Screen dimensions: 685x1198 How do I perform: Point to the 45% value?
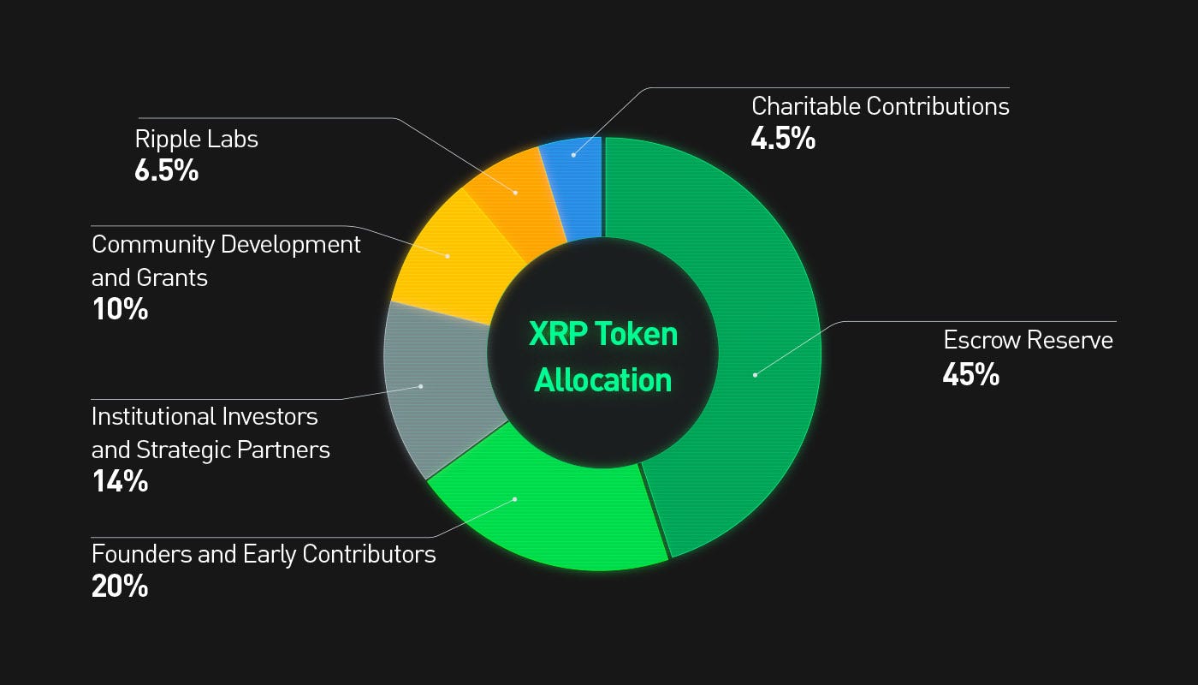point(970,375)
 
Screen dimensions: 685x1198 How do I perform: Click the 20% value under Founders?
point(120,587)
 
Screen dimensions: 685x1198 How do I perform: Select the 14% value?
point(120,481)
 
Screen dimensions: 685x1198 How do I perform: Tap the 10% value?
point(120,309)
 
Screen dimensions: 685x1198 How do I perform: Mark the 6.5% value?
point(166,170)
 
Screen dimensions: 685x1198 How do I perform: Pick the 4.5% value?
point(783,139)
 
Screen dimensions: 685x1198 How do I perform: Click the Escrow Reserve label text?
point(1028,340)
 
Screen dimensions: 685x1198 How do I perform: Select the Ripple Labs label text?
point(196,139)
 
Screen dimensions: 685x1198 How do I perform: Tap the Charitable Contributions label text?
point(880,106)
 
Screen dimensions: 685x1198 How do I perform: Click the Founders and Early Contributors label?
point(264,554)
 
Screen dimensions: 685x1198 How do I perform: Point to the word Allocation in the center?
point(603,379)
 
